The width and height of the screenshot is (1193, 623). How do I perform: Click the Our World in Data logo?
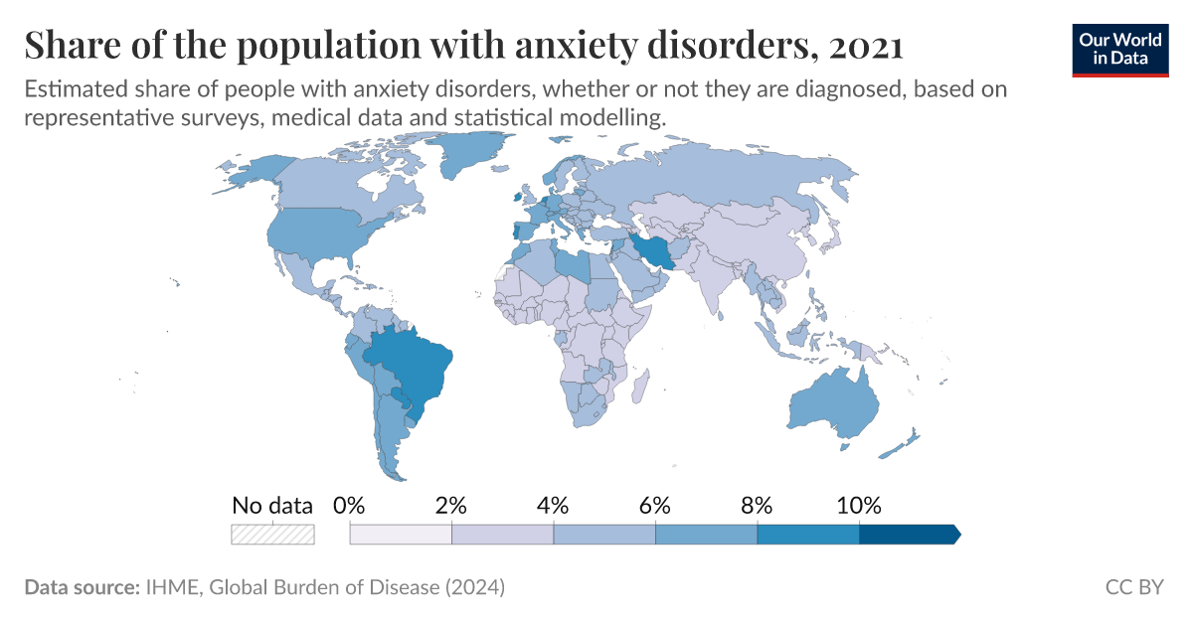pyautogui.click(x=1120, y=48)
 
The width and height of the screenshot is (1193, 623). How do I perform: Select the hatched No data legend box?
pyautogui.click(x=272, y=535)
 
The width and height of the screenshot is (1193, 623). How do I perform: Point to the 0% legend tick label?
pyautogui.click(x=350, y=505)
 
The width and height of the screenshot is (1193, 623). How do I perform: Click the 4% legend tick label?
pyautogui.click(x=553, y=505)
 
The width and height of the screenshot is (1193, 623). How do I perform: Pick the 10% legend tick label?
pyautogui.click(x=858, y=505)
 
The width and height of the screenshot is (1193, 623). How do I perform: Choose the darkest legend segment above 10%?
pyautogui.click(x=908, y=535)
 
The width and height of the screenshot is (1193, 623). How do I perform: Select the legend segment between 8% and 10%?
pyautogui.click(x=807, y=535)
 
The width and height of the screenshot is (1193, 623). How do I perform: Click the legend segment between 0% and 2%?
pyautogui.click(x=401, y=535)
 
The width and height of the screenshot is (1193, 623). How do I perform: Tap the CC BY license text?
pyautogui.click(x=1134, y=587)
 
